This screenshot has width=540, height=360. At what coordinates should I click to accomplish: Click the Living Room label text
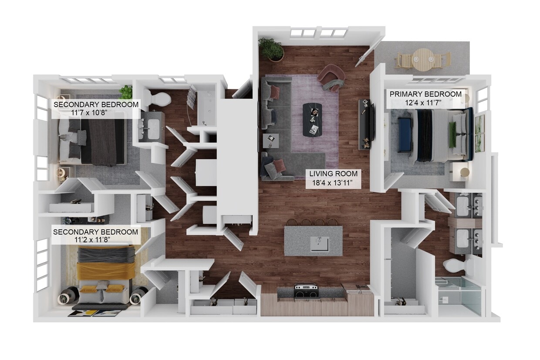[x=333, y=174]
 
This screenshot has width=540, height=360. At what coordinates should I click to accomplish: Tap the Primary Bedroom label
[x=425, y=94]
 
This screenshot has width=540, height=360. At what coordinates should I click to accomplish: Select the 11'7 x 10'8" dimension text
[x=95, y=113]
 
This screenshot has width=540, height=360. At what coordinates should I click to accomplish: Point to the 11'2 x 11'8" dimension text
[x=95, y=241]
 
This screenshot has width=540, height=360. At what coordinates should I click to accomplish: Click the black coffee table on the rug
[x=312, y=120]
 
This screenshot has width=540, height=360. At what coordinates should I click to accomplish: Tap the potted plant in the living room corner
[x=272, y=48]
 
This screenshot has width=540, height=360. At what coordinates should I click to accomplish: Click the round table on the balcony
[x=423, y=58]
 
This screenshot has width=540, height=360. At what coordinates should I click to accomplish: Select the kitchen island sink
[x=320, y=243]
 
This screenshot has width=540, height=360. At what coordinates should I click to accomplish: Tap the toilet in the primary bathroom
[x=454, y=264]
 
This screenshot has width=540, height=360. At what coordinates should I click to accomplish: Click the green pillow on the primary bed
[x=452, y=134]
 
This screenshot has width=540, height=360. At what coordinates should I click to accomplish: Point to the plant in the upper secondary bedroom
[x=126, y=91]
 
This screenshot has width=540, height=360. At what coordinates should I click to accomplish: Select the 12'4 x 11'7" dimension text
[x=425, y=103]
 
